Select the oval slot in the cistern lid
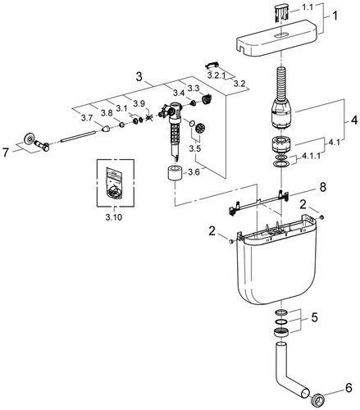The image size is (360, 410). pyautogui.click(x=280, y=34)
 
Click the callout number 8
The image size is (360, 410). pyautogui.click(x=323, y=188)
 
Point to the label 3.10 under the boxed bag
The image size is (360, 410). pyautogui.click(x=114, y=217)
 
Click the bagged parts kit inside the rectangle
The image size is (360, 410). pyautogui.click(x=115, y=182)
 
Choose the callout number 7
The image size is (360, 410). pyautogui.click(x=6, y=153)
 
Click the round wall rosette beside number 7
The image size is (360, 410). pyautogui.click(x=29, y=139)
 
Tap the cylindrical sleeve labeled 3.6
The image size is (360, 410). pyautogui.click(x=175, y=172)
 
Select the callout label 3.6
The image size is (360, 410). pyautogui.click(x=194, y=172)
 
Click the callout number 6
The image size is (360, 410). pyautogui.click(x=349, y=388)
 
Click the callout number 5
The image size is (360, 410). pyautogui.click(x=314, y=317)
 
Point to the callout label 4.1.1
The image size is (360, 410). pyautogui.click(x=311, y=157)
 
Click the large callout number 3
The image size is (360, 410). pyautogui.click(x=139, y=77)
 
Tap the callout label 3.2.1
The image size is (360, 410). pyautogui.click(x=216, y=75)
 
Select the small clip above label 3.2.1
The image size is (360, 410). pyautogui.click(x=212, y=65)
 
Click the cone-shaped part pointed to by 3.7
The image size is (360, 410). pyautogui.click(x=106, y=128)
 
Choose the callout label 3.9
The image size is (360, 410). pyautogui.click(x=139, y=103)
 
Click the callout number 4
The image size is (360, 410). pyautogui.click(x=354, y=120)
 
